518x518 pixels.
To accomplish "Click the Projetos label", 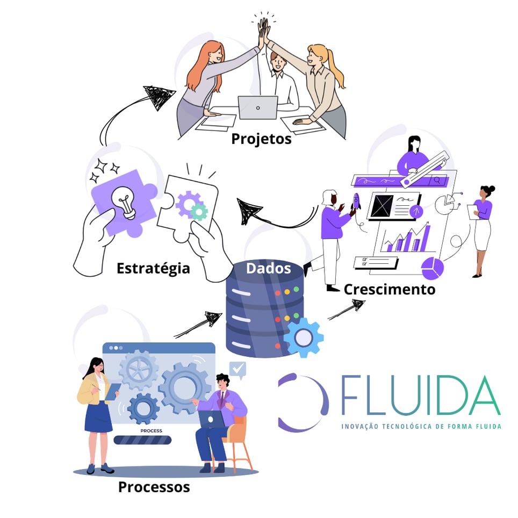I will (261, 139).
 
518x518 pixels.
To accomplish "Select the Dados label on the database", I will (268, 268).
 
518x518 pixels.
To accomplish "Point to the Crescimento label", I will (389, 289).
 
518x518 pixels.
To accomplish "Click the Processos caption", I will (154, 487).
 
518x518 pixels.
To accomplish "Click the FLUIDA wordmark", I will (420, 397).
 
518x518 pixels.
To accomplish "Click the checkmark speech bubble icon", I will (238, 369).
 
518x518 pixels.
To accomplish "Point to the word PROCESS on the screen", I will (151, 430).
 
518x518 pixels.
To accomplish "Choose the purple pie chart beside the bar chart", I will (433, 268).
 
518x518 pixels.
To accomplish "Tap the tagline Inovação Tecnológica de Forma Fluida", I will (421, 426).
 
